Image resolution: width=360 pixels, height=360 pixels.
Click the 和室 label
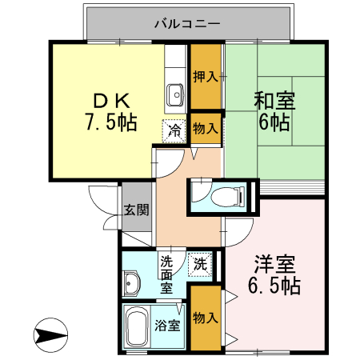(x=275, y=102)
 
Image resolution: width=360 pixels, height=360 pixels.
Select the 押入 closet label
(x=206, y=77)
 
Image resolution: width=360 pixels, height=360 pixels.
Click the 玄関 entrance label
(x=136, y=211)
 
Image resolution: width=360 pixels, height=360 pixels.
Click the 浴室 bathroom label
(x=167, y=326)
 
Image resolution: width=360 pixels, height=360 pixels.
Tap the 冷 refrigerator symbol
(x=174, y=128)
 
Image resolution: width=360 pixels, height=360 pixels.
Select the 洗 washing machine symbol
(x=202, y=265)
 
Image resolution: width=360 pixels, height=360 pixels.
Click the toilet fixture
(x=227, y=195)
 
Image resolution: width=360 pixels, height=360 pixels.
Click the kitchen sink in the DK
(x=175, y=95)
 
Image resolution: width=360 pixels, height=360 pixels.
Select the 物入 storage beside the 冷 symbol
(x=206, y=128)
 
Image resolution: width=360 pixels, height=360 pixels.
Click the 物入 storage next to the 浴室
(x=206, y=318)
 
